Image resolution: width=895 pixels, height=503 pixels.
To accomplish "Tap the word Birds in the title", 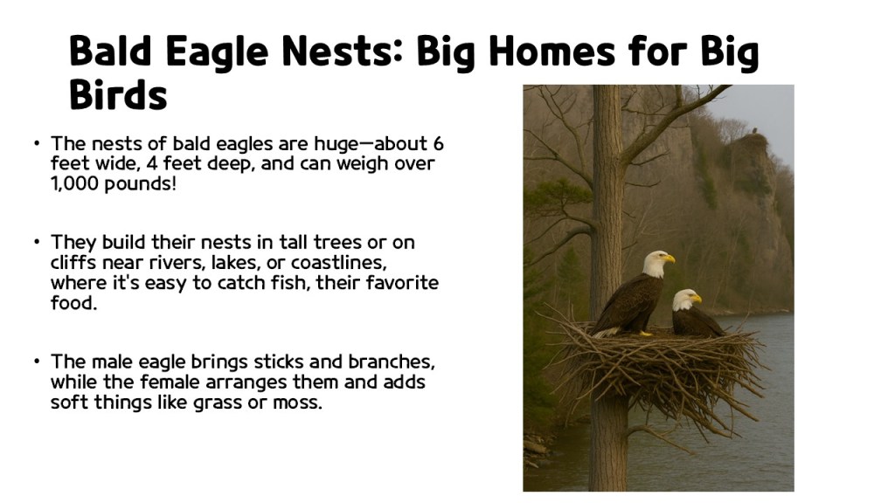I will [x=118, y=94].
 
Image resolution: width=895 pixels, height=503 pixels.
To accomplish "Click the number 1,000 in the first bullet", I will [x=74, y=184].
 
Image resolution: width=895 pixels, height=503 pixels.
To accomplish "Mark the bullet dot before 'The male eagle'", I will [x=38, y=362].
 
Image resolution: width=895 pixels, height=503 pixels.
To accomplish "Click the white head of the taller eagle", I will [x=655, y=263].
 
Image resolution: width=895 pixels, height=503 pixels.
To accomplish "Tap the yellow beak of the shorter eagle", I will [x=696, y=299].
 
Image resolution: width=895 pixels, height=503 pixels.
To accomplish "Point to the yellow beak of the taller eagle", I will [x=670, y=258].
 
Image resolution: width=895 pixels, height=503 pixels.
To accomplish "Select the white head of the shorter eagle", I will [x=683, y=300].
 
